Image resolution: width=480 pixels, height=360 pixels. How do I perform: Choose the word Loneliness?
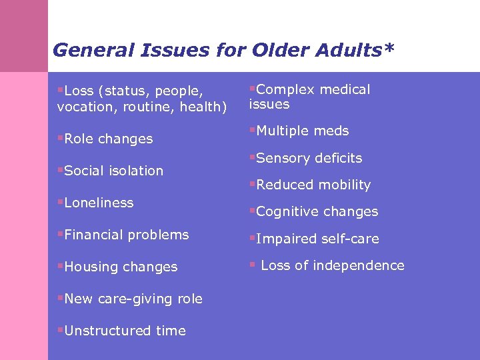pos(99,203)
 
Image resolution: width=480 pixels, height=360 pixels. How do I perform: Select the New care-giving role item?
pos(133,299)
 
